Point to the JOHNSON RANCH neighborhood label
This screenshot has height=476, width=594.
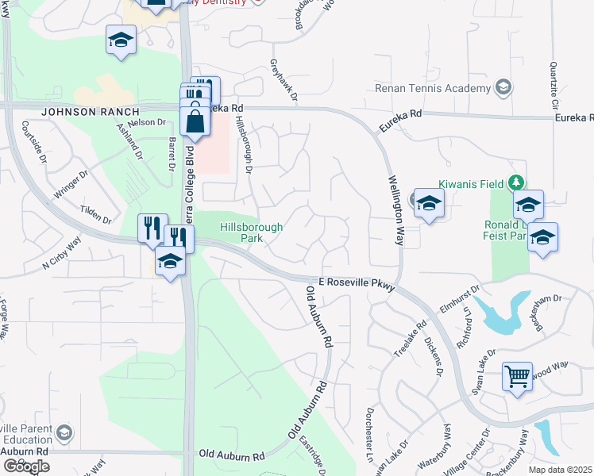[79, 112]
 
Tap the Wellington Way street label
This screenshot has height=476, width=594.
[396, 212]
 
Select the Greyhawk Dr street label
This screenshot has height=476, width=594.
[283, 80]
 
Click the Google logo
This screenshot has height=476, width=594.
[25, 466]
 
